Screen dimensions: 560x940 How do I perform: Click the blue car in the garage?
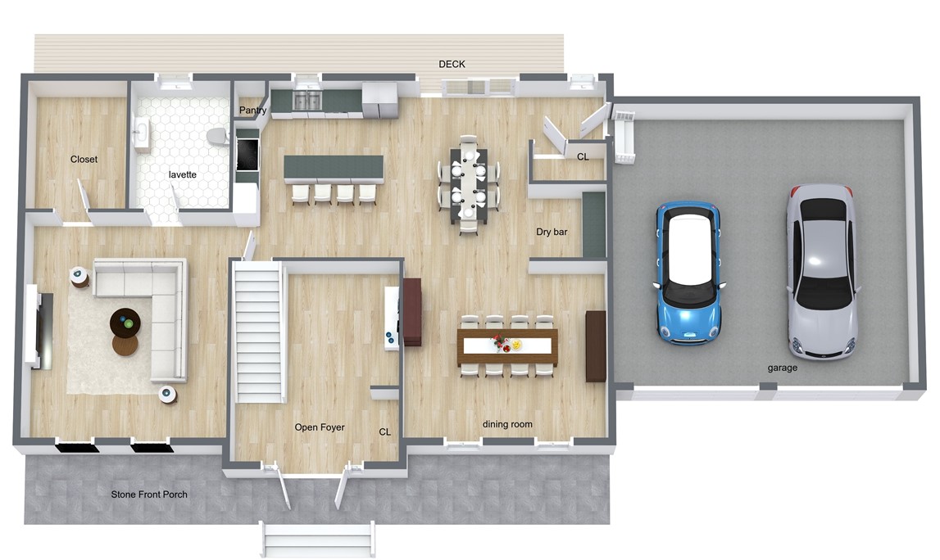pyautogui.click(x=689, y=273)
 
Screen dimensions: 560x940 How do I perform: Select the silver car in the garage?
pyautogui.click(x=821, y=270)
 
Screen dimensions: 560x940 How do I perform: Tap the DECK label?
pyautogui.click(x=452, y=64)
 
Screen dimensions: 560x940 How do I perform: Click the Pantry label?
pyautogui.click(x=252, y=111)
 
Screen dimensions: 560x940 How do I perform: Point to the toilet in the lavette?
pyautogui.click(x=217, y=136)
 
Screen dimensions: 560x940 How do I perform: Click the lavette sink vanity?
pyautogui.click(x=141, y=134)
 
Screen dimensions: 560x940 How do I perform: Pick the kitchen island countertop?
pyautogui.click(x=334, y=169)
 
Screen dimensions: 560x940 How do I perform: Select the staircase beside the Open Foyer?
pyautogui.click(x=259, y=331)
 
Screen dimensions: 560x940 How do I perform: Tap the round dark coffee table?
pyautogui.click(x=125, y=323)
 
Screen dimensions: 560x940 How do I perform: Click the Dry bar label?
pyautogui.click(x=552, y=232)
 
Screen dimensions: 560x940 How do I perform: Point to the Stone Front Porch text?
pyautogui.click(x=149, y=495)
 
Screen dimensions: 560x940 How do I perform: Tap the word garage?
pyautogui.click(x=783, y=368)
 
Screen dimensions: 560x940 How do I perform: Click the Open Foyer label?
pyautogui.click(x=320, y=427)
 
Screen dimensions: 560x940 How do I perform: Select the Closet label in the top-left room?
pyautogui.click(x=84, y=160)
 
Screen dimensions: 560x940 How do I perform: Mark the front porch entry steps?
pyautogui.click(x=318, y=540)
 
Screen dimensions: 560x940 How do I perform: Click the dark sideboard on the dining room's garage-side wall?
pyautogui.click(x=596, y=345)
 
